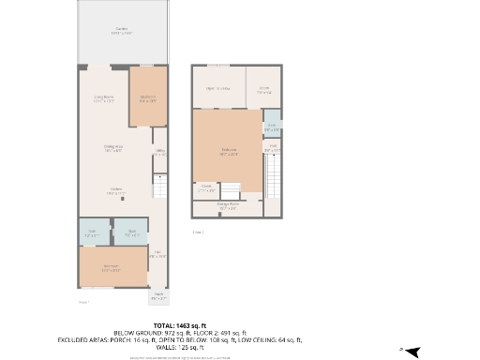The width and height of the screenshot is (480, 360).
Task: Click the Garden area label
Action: click(x=123, y=31)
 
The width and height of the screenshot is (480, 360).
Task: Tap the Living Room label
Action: click(x=103, y=98)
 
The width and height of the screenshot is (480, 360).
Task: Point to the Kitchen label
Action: click(x=116, y=191)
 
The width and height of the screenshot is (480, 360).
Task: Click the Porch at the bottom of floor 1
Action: click(x=159, y=297)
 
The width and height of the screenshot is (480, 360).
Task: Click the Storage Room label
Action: click(x=228, y=206)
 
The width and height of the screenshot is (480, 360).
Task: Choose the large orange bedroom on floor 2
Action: click(x=228, y=150)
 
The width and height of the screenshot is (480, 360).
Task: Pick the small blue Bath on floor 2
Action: click(x=271, y=127)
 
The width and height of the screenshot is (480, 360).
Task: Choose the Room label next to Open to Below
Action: click(x=265, y=90)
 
